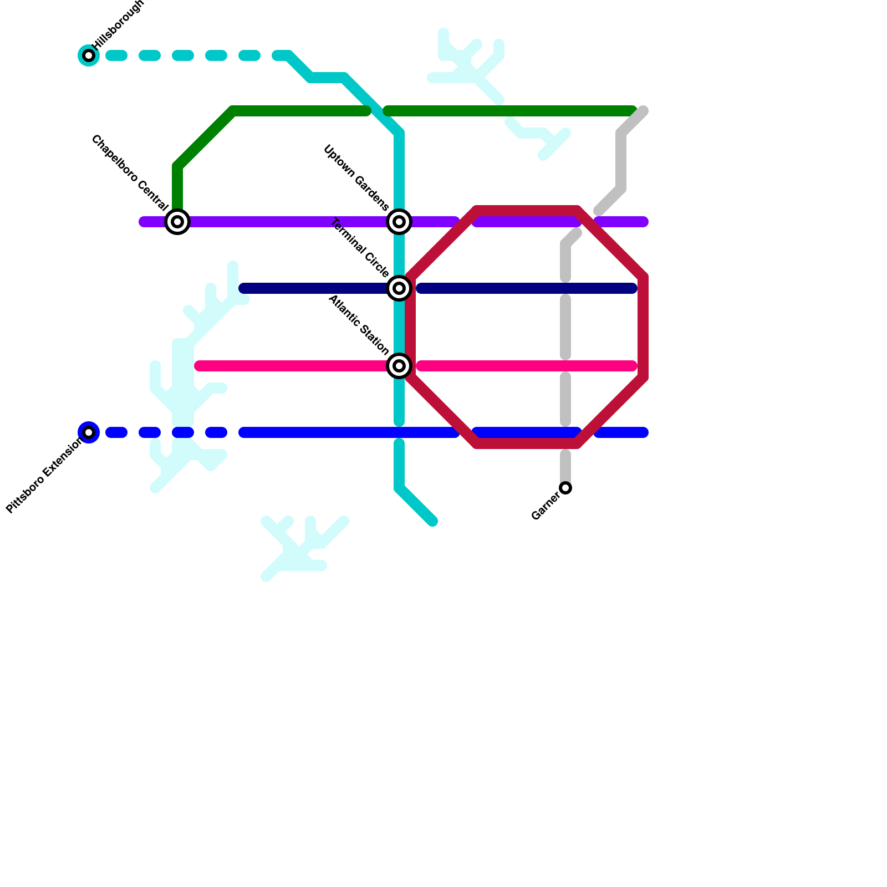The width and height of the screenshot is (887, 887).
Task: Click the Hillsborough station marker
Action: [x=89, y=55]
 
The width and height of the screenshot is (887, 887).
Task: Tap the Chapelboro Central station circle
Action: [x=177, y=222]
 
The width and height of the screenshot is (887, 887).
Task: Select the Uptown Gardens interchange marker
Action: [x=399, y=222]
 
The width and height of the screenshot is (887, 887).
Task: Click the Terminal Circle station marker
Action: [x=399, y=288]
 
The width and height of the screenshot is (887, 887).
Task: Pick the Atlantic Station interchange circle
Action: [x=399, y=366]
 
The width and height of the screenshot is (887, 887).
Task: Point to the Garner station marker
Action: [x=565, y=488]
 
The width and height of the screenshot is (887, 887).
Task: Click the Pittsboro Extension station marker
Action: [x=89, y=432]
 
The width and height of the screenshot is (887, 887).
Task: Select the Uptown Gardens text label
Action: [x=356, y=178]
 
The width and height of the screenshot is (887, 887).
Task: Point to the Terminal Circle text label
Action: [x=359, y=248]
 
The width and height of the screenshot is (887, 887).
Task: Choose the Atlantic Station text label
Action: [x=358, y=325]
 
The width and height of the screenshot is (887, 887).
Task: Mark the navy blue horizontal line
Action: [x=527, y=288]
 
